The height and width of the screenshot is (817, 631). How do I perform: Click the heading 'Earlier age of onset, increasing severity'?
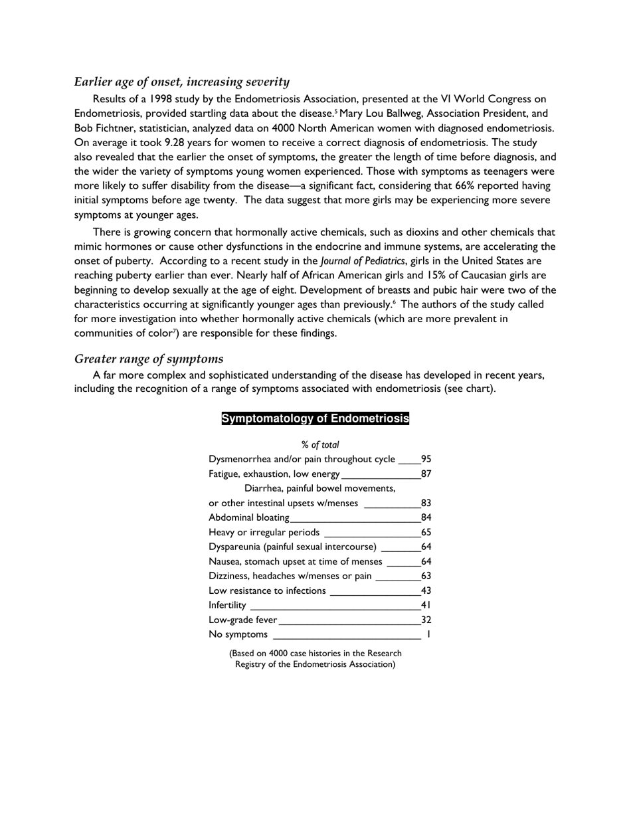181,82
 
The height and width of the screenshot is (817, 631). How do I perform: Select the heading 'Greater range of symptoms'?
148,359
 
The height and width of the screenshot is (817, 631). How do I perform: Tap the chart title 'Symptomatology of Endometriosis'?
315,418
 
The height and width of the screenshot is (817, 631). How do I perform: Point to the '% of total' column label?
319,444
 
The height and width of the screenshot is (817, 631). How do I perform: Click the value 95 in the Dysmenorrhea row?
426,459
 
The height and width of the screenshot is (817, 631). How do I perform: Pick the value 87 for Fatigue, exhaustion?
426,474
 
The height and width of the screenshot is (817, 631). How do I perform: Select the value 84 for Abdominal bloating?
426,517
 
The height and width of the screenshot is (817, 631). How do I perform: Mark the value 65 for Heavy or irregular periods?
426,532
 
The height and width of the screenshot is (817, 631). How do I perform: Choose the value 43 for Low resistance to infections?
426,590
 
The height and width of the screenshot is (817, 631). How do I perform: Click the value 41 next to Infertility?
426,605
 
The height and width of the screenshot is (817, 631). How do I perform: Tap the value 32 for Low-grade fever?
426,620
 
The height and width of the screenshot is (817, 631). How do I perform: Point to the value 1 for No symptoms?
428,634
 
